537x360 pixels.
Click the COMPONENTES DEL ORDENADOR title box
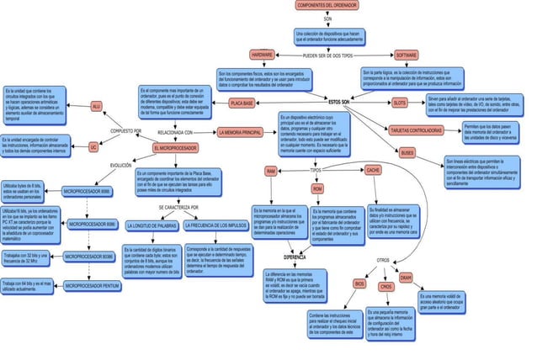[x=327, y=5]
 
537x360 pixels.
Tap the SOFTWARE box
[x=412, y=54]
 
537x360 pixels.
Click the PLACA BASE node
[x=242, y=103]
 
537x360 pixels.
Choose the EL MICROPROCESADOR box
[x=175, y=148]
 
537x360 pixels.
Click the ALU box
[x=96, y=107]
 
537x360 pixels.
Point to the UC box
[x=94, y=147]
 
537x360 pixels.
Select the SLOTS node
[x=400, y=103]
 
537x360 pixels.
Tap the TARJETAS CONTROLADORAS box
[x=417, y=130]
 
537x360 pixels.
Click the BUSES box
[x=407, y=153]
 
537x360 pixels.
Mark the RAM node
[x=271, y=171]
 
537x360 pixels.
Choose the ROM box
[x=317, y=190]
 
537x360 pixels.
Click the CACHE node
[x=373, y=170]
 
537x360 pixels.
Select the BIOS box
[x=359, y=285]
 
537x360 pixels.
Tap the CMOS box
[x=386, y=287]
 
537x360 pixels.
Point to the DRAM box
[x=406, y=278]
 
